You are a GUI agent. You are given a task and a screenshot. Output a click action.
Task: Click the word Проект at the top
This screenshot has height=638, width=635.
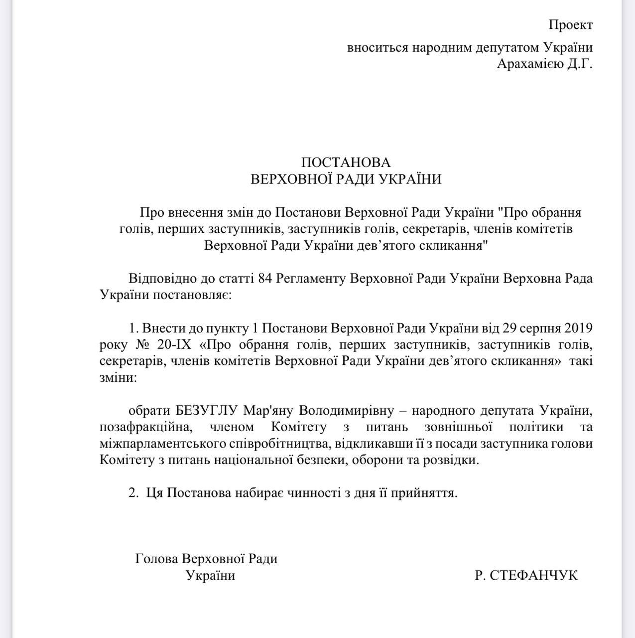click(x=571, y=24)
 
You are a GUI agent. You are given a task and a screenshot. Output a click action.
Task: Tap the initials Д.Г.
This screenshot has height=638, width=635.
click(x=579, y=64)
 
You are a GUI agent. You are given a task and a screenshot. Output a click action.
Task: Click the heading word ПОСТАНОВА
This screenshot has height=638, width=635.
click(x=346, y=162)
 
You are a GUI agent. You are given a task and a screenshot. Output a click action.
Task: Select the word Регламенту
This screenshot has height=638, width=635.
click(x=310, y=278)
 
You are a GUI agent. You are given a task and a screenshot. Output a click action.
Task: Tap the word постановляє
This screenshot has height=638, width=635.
click(x=194, y=295)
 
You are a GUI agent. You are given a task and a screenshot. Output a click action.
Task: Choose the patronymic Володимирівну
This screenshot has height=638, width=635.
click(x=346, y=411)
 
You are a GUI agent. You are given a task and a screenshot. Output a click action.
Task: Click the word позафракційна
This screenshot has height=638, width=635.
click(x=144, y=427)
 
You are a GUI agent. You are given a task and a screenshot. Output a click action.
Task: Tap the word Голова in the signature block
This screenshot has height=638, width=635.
click(x=156, y=559)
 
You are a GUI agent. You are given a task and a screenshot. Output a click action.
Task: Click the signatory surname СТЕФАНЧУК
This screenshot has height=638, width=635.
click(x=533, y=575)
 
